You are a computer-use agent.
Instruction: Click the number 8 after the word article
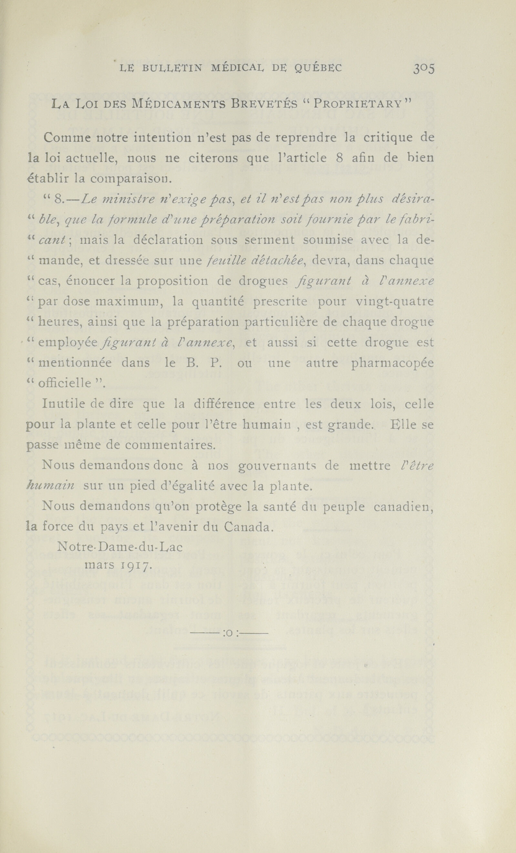(x=339, y=158)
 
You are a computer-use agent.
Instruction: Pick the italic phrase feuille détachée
(x=256, y=261)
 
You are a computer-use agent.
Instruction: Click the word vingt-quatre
(x=395, y=302)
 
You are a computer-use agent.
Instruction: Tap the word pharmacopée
(x=392, y=363)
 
